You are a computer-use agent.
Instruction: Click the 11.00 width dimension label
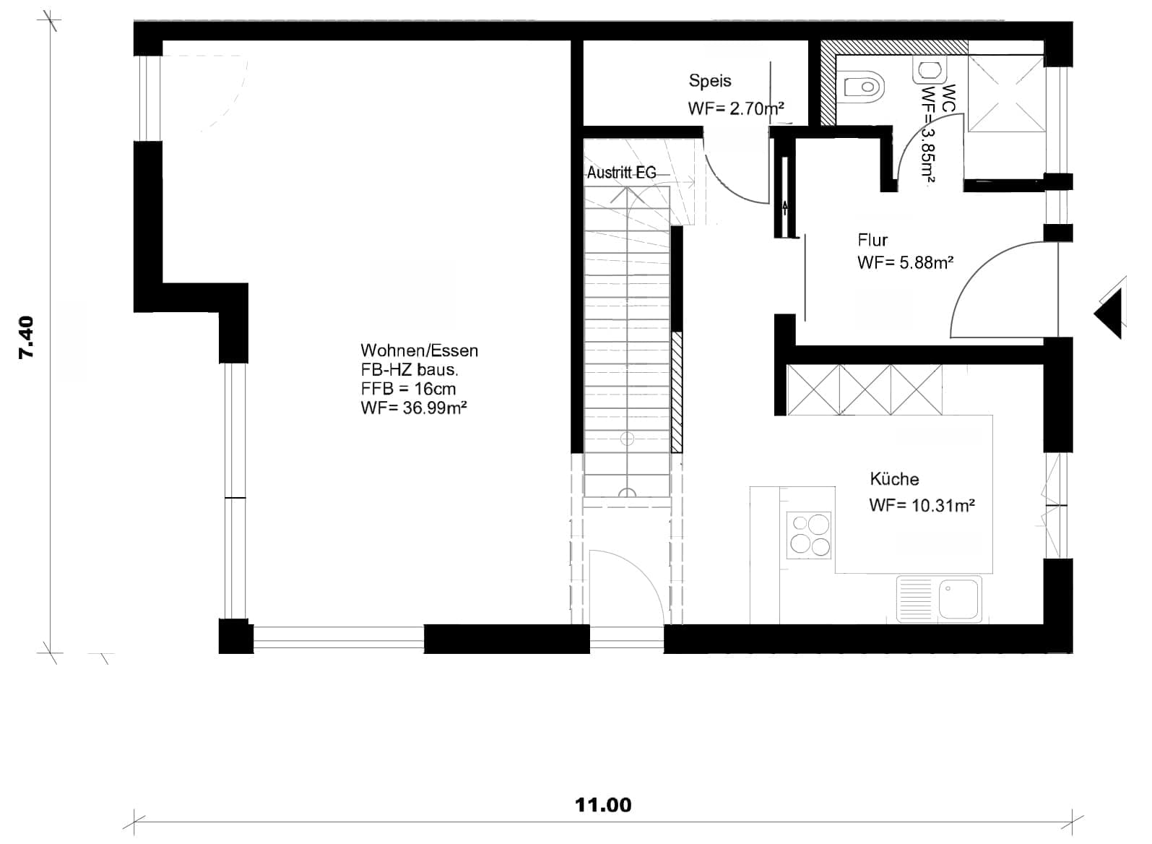pos(603,805)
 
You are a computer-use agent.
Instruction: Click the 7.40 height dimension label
pos(26,337)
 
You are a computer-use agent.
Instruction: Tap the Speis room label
pos(710,81)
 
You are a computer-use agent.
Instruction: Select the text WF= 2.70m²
pos(736,108)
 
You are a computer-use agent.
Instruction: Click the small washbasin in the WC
pos(930,70)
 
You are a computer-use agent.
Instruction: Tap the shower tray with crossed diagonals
pos(1006,94)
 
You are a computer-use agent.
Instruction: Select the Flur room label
pos(872,241)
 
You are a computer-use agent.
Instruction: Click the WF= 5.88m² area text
pos(905,263)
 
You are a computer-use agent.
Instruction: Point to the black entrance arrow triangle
pos(1110,314)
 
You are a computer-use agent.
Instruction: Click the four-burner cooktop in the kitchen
pos(808,535)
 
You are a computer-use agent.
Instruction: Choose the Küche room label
pos(894,479)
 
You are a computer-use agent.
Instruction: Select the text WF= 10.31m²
pos(922,505)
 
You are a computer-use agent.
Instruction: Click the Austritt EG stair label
pos(621,173)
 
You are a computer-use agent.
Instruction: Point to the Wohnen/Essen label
pos(419,350)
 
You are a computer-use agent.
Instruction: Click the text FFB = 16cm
pos(408,389)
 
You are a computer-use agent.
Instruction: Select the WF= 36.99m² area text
pos(414,408)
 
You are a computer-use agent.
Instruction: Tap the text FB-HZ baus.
pos(410,370)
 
